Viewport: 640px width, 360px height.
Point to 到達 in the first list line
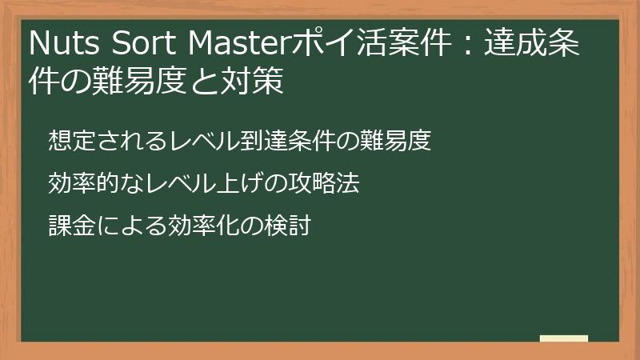coord(267,141)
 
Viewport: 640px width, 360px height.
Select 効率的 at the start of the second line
coord(78,183)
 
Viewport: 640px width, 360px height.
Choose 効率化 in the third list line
coord(197,226)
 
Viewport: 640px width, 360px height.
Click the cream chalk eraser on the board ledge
coord(564,338)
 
